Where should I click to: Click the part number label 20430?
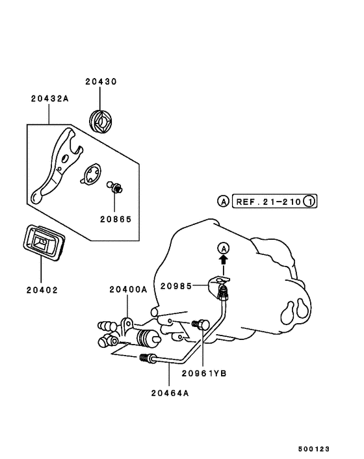[x=100, y=83]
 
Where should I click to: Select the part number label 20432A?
[x=49, y=99]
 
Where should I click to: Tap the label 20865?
[x=116, y=220]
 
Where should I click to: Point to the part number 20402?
[x=42, y=290]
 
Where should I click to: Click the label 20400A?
[x=127, y=289]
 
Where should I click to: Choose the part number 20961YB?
[x=203, y=373]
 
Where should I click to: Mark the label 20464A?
[x=169, y=392]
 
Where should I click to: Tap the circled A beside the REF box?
[x=223, y=202]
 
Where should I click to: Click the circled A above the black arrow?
[x=224, y=248]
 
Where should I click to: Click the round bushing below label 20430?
[x=101, y=121]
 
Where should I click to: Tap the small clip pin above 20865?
[x=116, y=189]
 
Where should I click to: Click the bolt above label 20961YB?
[x=200, y=324]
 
